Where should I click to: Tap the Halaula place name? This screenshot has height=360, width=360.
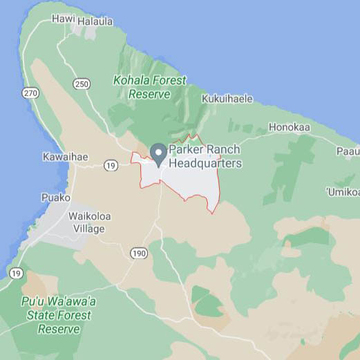coord(95,21)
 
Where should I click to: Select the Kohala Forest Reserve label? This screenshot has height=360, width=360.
coord(149,86)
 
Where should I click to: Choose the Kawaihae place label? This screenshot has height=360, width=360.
coord(65,157)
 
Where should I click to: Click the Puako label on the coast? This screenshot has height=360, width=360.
coord(55,197)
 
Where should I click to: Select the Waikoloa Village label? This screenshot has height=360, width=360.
coord(86,221)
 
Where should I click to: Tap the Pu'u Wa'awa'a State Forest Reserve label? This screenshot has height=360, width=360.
coord(59,315)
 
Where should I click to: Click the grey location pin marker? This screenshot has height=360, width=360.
coord(158,154)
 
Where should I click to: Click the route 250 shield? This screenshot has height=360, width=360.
coord(82,84)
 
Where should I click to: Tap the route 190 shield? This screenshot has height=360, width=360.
coord(138,254)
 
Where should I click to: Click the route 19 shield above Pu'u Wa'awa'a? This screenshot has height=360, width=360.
coord(15,274)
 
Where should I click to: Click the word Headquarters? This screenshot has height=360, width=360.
coord(206,164)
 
